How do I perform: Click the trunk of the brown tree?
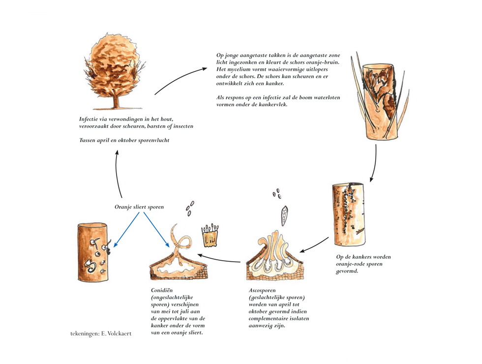(x=116, y=101)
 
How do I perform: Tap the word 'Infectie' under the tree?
(x=89, y=119)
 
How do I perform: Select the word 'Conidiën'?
(x=162, y=290)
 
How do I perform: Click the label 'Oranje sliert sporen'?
(x=139, y=207)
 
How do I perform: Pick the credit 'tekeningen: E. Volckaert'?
(x=101, y=334)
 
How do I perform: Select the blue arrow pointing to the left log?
(x=126, y=229)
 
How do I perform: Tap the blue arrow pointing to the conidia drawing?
(x=156, y=229)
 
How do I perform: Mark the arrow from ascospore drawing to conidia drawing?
(x=218, y=259)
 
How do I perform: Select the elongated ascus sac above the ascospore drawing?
(x=284, y=216)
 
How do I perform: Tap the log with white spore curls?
(x=93, y=252)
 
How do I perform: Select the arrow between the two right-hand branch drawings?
(x=374, y=163)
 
